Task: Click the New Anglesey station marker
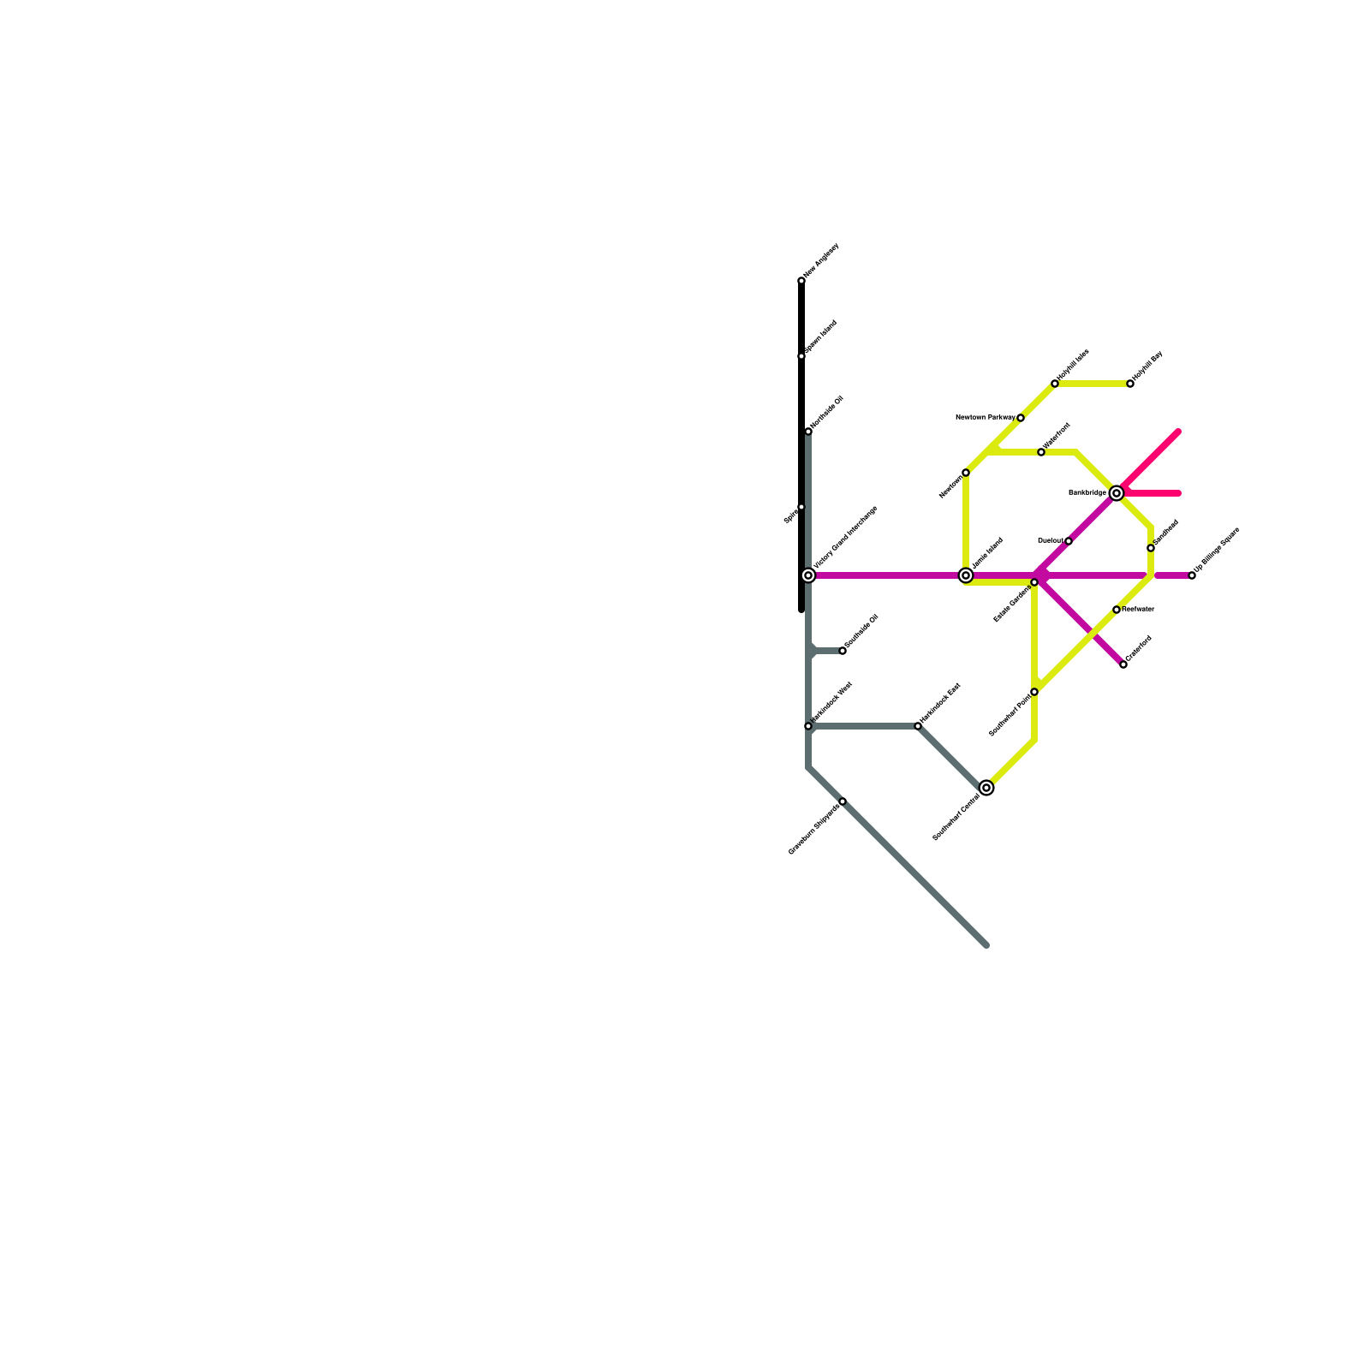pos(801,281)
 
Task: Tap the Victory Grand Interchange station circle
pos(808,575)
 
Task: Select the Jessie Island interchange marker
pos(966,575)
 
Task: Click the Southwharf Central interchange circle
pos(986,788)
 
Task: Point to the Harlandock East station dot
pos(918,726)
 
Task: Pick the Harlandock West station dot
pos(808,726)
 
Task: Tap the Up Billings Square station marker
pos(1192,575)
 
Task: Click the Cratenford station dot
pos(1123,664)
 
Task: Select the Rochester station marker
pos(1117,610)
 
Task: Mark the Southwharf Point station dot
pos(1034,692)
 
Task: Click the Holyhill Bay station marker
pos(1130,384)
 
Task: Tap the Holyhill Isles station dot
pos(1055,384)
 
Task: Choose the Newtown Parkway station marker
pos(1021,418)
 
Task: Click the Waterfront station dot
pos(1041,452)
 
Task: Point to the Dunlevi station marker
pos(1069,541)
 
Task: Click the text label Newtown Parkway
pos(985,418)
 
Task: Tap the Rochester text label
pos(1138,610)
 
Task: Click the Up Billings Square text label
pos(1218,550)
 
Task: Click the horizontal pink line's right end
pos(1179,493)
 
